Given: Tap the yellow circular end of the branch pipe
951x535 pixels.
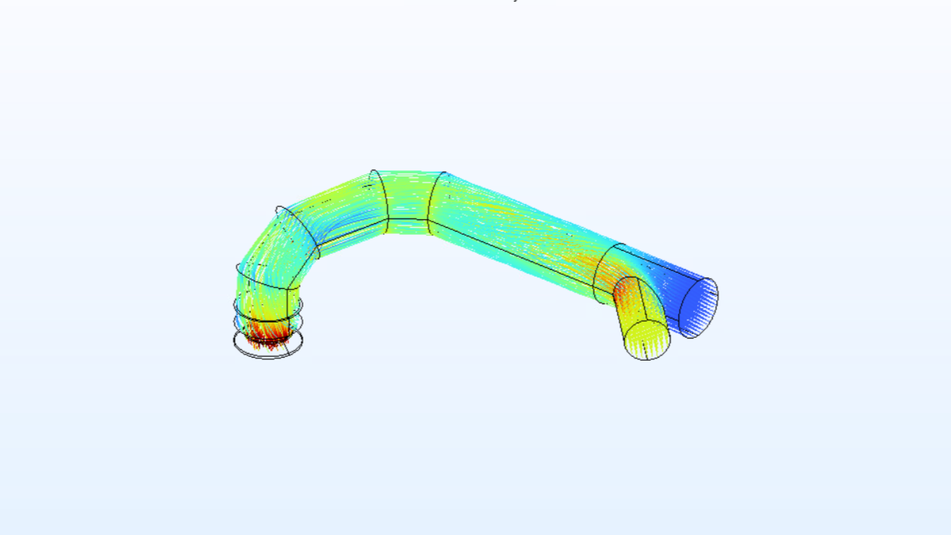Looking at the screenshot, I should pyautogui.click(x=648, y=339).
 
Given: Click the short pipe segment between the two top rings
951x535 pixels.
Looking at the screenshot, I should pyautogui.click(x=409, y=200).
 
